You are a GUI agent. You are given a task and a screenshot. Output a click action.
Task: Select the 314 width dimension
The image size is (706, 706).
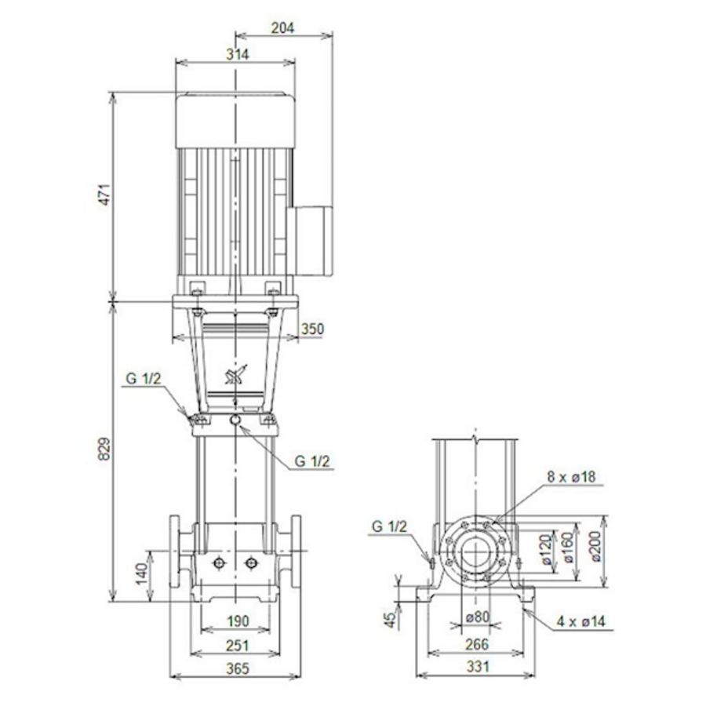click(x=236, y=54)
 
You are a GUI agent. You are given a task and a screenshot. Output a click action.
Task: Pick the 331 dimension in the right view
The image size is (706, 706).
click(x=475, y=668)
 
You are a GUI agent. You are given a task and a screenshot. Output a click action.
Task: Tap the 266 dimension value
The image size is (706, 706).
click(x=475, y=644)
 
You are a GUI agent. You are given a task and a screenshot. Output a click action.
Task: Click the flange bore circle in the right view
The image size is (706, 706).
click(x=476, y=551)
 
